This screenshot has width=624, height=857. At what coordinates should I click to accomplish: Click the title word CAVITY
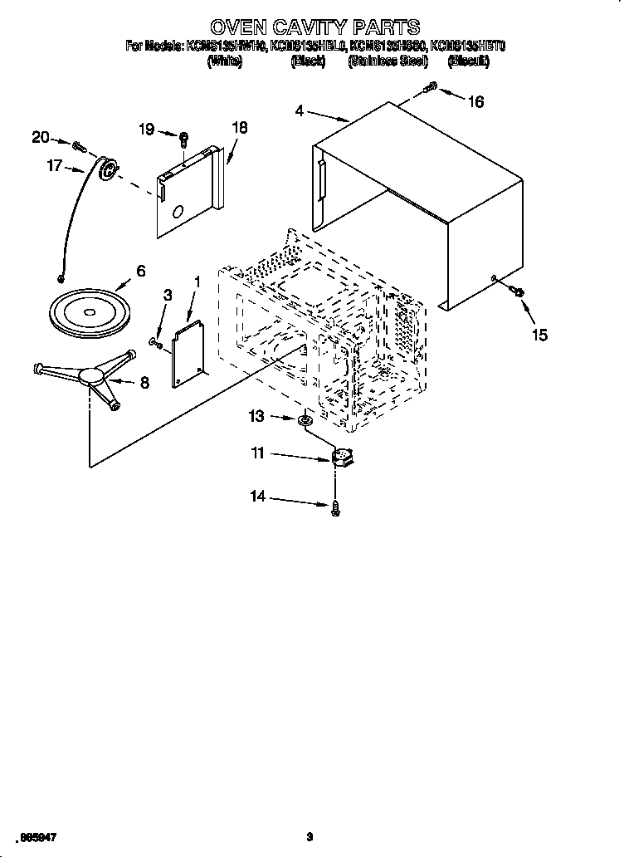pyautogui.click(x=311, y=27)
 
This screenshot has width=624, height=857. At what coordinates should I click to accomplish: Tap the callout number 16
pyautogui.click(x=475, y=101)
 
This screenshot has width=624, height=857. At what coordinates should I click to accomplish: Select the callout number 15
pyautogui.click(x=539, y=334)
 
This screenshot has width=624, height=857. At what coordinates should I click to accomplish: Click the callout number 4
pyautogui.click(x=299, y=110)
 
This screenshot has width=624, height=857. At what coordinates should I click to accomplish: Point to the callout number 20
pyautogui.click(x=41, y=138)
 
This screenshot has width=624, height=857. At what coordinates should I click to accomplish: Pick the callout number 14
pyautogui.click(x=257, y=497)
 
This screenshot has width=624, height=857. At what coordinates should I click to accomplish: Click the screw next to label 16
pyautogui.click(x=431, y=86)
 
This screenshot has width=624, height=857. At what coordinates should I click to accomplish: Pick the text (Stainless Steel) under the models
pyautogui.click(x=388, y=61)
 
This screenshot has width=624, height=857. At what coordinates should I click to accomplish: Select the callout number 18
pyautogui.click(x=239, y=129)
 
